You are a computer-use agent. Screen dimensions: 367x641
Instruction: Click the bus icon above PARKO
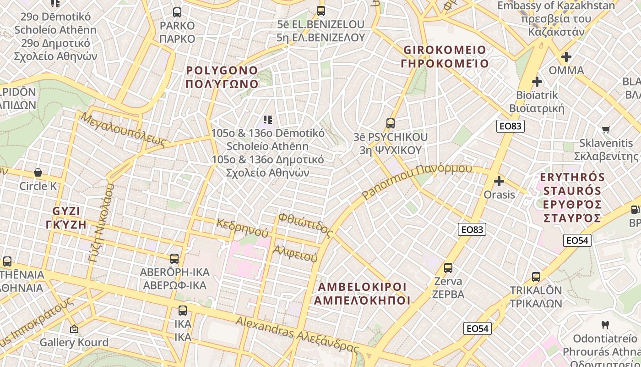pos(177,12)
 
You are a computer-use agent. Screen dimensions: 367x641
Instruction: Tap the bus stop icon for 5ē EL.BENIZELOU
pos(320,11)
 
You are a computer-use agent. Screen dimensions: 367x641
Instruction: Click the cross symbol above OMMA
pos(566,57)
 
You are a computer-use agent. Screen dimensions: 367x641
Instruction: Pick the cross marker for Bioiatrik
pos(537,82)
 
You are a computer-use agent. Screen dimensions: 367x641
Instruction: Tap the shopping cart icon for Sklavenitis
pos(606,129)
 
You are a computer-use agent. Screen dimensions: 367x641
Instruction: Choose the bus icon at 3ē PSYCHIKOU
pos(391,123)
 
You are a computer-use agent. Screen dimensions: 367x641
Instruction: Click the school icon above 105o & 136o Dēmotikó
pos(268,120)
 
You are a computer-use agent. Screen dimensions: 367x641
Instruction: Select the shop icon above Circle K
pos(38,172)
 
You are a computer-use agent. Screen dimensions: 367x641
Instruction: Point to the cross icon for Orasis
pos(499,181)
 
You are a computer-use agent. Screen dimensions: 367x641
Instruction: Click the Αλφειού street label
pos(295,253)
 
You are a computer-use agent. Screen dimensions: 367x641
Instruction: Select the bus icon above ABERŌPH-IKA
pos(174,258)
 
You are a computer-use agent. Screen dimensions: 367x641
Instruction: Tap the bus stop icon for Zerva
pos(448,267)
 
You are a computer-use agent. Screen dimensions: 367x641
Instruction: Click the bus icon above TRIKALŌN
pos(536,277)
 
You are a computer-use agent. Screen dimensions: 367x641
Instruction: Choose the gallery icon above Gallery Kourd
pos(74,329)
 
